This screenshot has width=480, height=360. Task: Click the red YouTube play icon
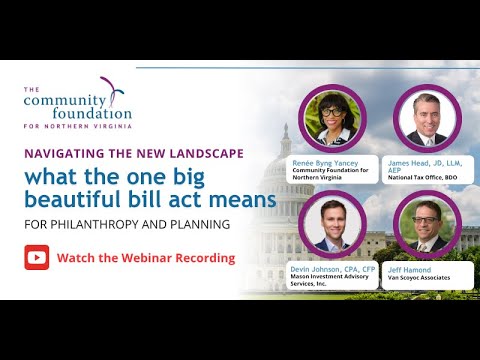pos(37,257)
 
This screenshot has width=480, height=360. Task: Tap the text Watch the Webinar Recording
pos(146,258)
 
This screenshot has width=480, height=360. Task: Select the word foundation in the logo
pos(85,113)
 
